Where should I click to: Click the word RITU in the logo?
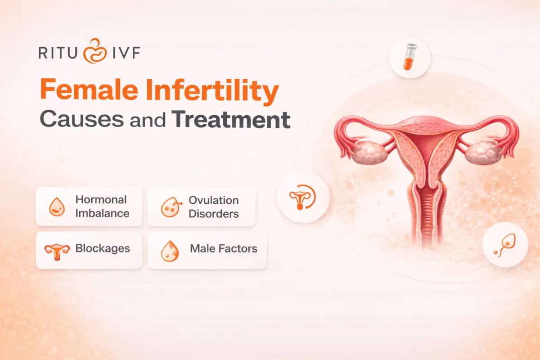pos(58,53)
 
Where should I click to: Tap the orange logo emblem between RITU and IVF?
pos(95,51)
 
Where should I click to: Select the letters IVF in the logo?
pos(126,53)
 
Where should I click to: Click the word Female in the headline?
pos(89,89)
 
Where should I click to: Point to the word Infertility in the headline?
pos(212,91)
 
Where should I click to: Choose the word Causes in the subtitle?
pos(82,119)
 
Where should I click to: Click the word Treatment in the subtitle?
pos(231,119)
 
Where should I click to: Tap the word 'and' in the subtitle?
pos(148,120)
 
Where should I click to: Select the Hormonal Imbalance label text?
pos(103,207)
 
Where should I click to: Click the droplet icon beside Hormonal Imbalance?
pos(57,207)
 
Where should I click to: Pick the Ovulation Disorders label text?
pos(214,207)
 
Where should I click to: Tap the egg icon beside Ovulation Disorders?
pos(171,207)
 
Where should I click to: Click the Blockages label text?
pos(103,248)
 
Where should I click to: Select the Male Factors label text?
pos(224,248)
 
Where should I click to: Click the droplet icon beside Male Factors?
pos(170,251)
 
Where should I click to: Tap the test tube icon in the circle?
pos(410,57)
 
